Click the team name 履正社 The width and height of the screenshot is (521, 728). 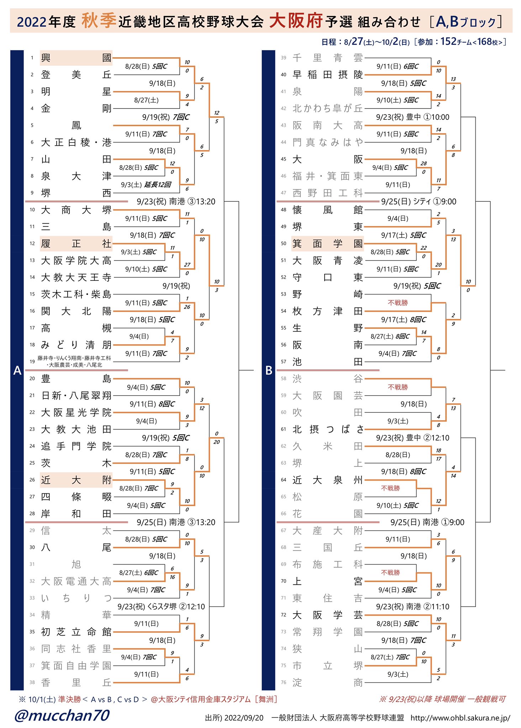(x=76, y=244)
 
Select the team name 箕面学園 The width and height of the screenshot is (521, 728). (x=327, y=244)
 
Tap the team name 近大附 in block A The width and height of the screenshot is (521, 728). (x=76, y=480)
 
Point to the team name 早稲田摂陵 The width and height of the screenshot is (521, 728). (x=327, y=75)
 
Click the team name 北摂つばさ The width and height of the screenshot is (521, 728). (x=327, y=429)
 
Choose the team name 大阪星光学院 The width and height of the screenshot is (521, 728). (x=76, y=413)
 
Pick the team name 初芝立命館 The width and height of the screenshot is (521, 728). (x=76, y=632)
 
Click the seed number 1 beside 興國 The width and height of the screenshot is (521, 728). (x=32, y=58)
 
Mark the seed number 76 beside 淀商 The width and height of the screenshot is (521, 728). (x=284, y=682)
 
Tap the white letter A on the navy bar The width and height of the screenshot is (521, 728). (x=17, y=371)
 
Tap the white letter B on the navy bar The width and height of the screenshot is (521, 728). (x=269, y=371)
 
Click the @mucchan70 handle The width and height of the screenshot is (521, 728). (x=62, y=715)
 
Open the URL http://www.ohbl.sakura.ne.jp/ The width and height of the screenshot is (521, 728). (x=460, y=718)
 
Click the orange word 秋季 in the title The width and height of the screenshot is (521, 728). (x=99, y=20)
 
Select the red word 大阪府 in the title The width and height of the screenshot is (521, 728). (x=296, y=20)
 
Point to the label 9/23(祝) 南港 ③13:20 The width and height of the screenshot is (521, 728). (x=176, y=202)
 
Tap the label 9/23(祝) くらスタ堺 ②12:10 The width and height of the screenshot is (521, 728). (x=161, y=606)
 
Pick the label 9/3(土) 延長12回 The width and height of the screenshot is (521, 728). (x=146, y=185)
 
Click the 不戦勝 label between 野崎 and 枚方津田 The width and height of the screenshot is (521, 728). (x=398, y=303)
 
